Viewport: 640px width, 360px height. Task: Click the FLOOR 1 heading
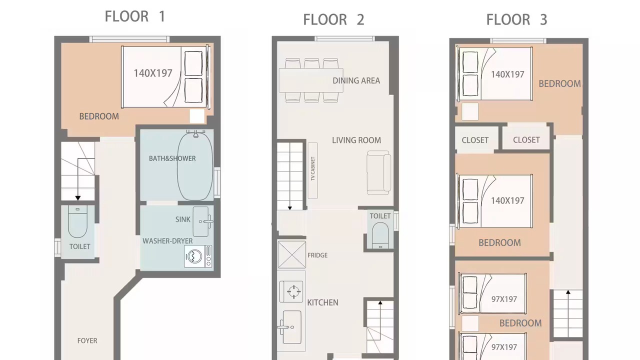(135, 16)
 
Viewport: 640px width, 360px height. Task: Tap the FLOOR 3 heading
(516, 19)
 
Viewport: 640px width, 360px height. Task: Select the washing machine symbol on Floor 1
(198, 256)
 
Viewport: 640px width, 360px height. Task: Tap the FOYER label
(87, 340)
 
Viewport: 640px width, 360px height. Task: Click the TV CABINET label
(312, 168)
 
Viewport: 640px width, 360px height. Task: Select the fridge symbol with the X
(291, 254)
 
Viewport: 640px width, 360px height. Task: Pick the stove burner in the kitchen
(293, 291)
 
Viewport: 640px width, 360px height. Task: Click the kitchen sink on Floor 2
(291, 327)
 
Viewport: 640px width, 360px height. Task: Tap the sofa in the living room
(379, 173)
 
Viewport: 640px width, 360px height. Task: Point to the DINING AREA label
(356, 81)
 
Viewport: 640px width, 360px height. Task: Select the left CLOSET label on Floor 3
(475, 140)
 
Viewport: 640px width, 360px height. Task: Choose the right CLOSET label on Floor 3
(526, 140)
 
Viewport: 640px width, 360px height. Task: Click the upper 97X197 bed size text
(504, 299)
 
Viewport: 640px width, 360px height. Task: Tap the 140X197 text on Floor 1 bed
(153, 73)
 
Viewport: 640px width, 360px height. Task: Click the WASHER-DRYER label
(167, 241)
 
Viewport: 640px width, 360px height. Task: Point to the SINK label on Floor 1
(183, 219)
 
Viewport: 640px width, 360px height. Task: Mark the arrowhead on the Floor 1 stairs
(77, 197)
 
